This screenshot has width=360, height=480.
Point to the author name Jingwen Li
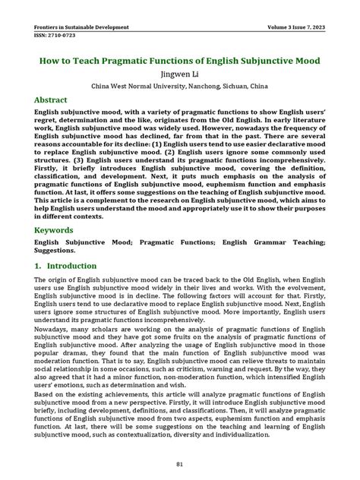(180, 74)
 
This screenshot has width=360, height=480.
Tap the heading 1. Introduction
(65, 267)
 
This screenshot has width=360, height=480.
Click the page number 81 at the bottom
(180, 464)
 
